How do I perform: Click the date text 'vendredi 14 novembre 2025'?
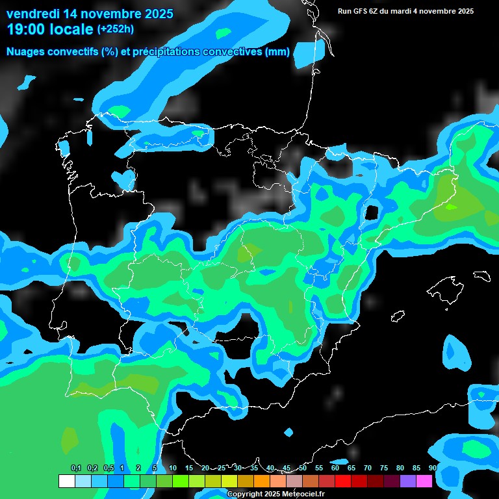pos(90,13)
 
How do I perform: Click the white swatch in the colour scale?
pos(66,481)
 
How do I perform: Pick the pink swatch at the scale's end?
pos(424,481)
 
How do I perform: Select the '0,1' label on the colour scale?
pos(75,468)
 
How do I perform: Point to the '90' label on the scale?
pos(432,468)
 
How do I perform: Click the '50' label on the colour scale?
pos(303,468)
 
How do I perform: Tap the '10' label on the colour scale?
pos(173,468)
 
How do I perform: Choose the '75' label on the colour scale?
pos(384,468)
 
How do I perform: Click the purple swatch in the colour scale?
pos(407,481)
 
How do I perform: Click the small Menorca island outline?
pos(481,275)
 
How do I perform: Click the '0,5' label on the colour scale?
pos(109,468)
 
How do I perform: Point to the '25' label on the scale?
pos(222,468)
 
